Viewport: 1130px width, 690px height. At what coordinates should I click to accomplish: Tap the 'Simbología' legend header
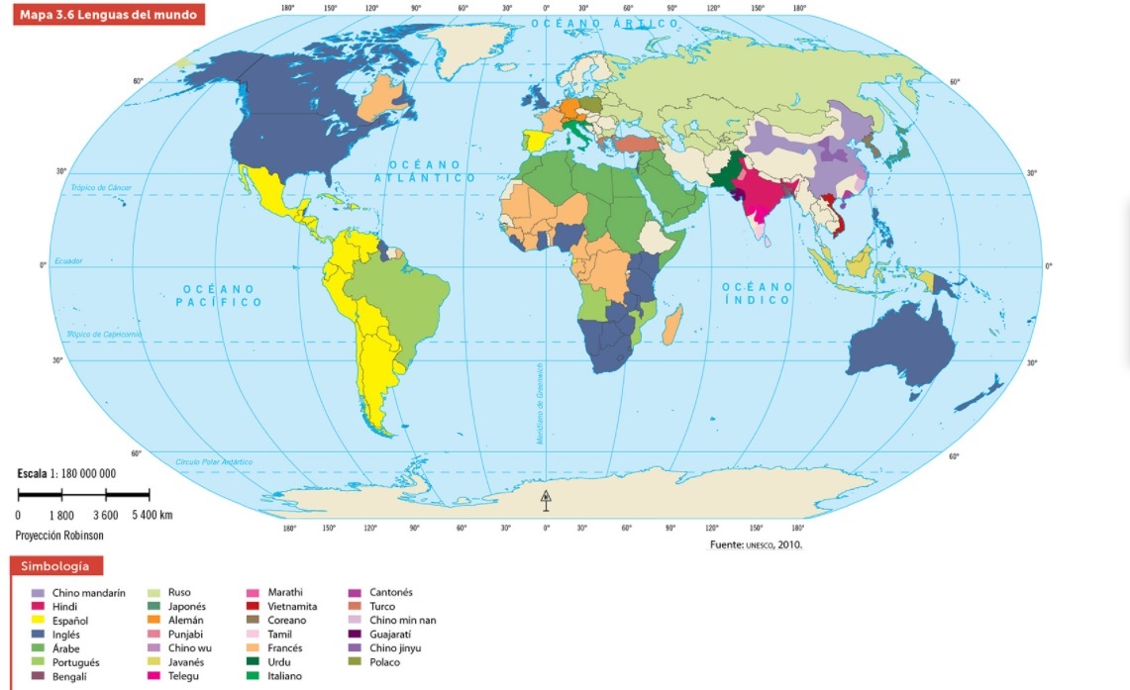[x=57, y=567]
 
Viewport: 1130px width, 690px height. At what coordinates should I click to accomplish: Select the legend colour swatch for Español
[x=38, y=621]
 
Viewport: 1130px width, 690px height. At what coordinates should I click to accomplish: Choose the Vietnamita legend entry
[x=292, y=607]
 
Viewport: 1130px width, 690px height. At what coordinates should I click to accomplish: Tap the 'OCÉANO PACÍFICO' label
[x=220, y=295]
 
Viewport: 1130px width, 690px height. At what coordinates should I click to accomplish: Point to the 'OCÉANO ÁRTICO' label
[x=604, y=22]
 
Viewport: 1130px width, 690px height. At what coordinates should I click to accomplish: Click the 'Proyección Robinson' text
[x=59, y=535]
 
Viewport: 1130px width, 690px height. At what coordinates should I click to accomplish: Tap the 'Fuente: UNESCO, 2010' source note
[x=757, y=544]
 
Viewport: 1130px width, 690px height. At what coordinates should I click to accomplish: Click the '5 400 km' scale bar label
[x=152, y=515]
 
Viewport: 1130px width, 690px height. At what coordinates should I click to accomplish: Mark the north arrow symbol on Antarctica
[x=545, y=499]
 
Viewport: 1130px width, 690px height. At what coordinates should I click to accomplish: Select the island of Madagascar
[x=672, y=325]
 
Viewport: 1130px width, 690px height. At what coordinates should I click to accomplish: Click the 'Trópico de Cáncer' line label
[x=101, y=187]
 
